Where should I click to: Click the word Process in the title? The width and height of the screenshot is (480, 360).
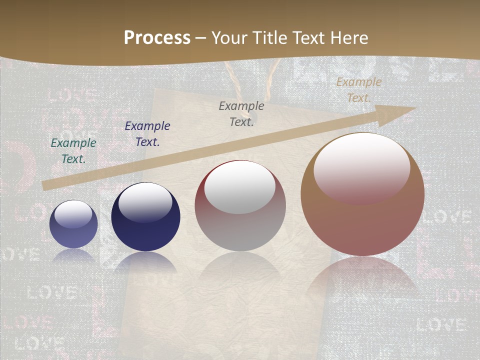[x=157, y=37]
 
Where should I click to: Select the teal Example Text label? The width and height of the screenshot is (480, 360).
[x=73, y=150]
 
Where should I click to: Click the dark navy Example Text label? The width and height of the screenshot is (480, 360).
[x=147, y=133]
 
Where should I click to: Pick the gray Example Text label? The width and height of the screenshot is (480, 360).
[x=241, y=113]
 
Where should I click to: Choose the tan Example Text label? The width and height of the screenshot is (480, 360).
[x=358, y=89]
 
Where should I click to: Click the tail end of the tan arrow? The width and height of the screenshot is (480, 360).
[x=45, y=185]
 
